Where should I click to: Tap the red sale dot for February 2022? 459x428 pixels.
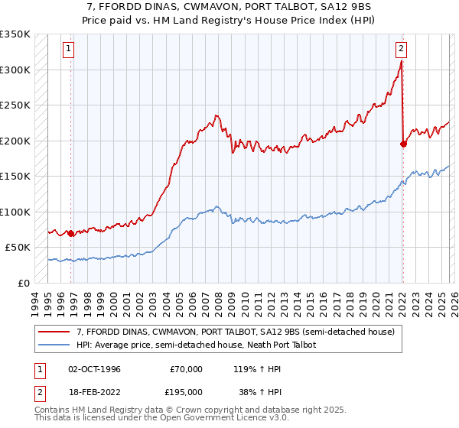[x=403, y=143]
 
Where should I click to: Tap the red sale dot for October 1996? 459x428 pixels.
[x=71, y=233]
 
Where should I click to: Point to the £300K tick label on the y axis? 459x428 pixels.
[x=15, y=70]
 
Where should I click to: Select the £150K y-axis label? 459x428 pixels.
[x=15, y=176]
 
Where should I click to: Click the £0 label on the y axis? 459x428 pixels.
[x=23, y=283]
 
